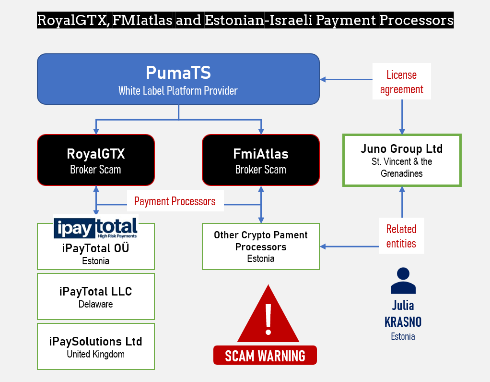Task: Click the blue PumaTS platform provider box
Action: pyautogui.click(x=178, y=79)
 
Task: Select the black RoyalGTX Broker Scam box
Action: pyautogui.click(x=96, y=160)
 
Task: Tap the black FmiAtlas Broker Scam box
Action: pyautogui.click(x=260, y=160)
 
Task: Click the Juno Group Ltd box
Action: pyautogui.click(x=402, y=160)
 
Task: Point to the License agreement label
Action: pyautogui.click(x=402, y=82)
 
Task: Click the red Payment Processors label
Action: pyautogui.click(x=175, y=201)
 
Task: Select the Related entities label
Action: pyautogui.click(x=401, y=236)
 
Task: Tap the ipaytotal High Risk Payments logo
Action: pyautogui.click(x=95, y=227)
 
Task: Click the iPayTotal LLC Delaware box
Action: pyautogui.click(x=96, y=296)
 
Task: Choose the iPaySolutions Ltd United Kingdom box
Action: pyautogui.click(x=96, y=346)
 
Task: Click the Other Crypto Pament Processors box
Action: pyautogui.click(x=260, y=246)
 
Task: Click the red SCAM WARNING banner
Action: pyautogui.click(x=265, y=356)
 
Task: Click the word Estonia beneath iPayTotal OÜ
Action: pyautogui.click(x=96, y=261)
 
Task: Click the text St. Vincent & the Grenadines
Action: pyautogui.click(x=402, y=168)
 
